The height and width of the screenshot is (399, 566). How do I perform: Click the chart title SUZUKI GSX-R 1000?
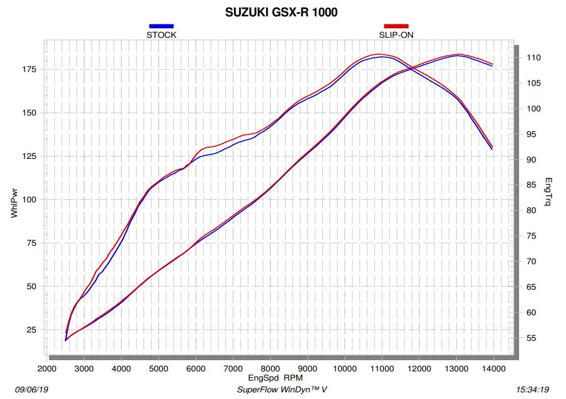coord(281,13)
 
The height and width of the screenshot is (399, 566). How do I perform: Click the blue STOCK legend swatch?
coord(161,26)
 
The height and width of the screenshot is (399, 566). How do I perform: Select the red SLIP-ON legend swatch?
coord(396,26)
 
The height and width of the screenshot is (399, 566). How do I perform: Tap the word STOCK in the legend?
coord(161,35)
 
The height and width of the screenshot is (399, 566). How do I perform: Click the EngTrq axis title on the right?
coord(548,192)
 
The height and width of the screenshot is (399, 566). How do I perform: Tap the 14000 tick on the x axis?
coord(493,368)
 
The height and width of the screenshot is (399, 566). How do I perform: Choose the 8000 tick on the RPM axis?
coord(270,368)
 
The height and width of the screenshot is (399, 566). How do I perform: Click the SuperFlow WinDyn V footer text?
coord(282,390)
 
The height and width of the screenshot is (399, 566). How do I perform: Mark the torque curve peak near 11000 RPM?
coord(380,54)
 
